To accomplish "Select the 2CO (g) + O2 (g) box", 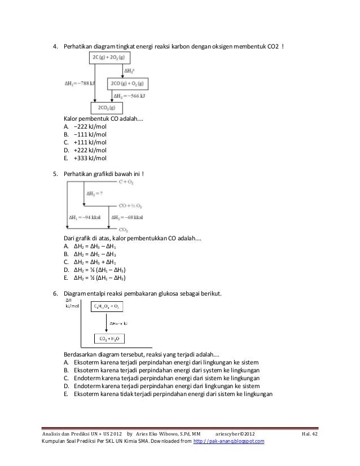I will (129, 82).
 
